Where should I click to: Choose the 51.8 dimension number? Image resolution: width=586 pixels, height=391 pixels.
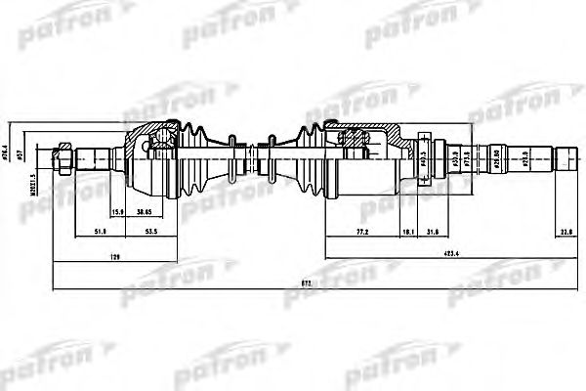point(101,232)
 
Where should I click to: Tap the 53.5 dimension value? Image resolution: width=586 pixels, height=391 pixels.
point(151,232)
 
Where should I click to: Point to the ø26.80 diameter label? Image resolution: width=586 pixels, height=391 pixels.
point(500,157)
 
